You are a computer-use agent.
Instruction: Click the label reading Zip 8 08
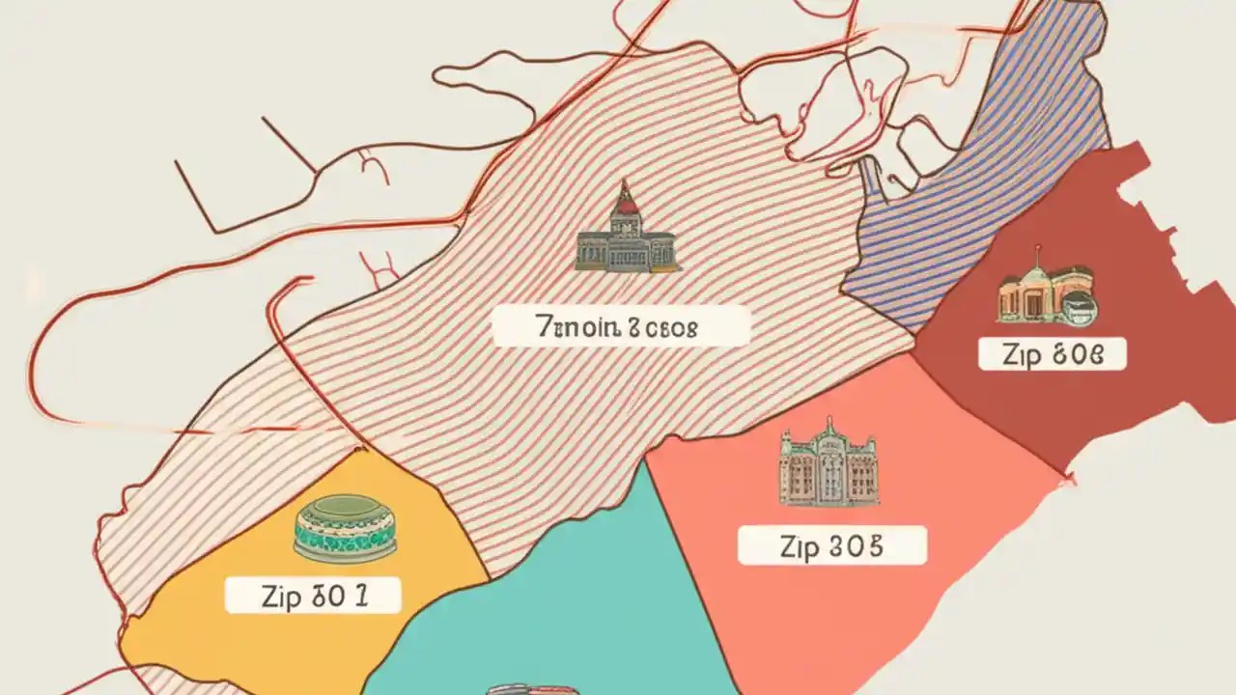[x=1052, y=354]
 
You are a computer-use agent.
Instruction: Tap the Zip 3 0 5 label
[x=831, y=545]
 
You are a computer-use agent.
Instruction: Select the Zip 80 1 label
[x=313, y=595]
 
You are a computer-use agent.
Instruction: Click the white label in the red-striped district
[x=621, y=326]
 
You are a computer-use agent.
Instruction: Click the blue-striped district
[x=975, y=193]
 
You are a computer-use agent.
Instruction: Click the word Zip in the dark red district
[x=1021, y=354]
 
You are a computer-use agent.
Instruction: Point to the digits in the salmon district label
[x=855, y=545]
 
